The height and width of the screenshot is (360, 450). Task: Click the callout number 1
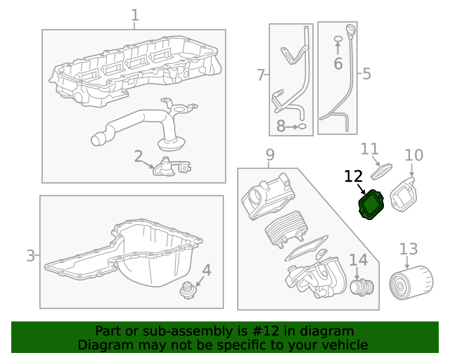pos(135,15)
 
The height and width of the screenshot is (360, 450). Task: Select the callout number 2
pos(139,156)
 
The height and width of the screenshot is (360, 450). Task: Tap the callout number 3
pos(30,255)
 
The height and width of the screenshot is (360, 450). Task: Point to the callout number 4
pos(207,269)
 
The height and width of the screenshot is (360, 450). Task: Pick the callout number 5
pos(366,73)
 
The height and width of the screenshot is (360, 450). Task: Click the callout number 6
pos(260,75)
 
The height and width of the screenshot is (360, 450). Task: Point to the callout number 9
pos(414,155)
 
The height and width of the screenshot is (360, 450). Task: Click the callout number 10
pos(370,148)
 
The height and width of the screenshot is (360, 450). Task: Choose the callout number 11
pos(354,176)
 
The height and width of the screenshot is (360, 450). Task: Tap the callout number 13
pos(409,249)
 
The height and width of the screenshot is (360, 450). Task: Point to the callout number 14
pos(358,260)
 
